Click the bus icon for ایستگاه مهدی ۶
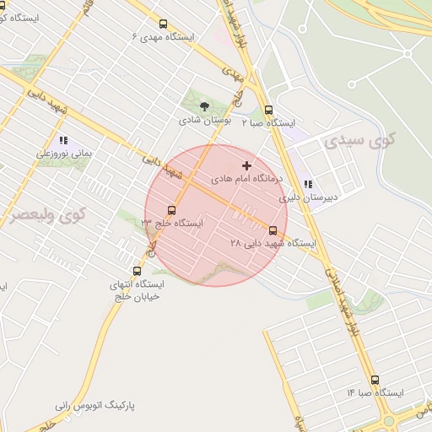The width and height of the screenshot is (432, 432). [x=164, y=24]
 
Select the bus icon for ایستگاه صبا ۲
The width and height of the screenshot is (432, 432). [x=268, y=110]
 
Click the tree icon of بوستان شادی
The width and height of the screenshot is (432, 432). [x=204, y=106]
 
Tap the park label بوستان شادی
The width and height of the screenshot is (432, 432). [x=204, y=121]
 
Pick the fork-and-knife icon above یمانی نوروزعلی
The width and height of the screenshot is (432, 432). [x=62, y=141]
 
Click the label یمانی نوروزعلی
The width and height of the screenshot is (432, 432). [x=63, y=154]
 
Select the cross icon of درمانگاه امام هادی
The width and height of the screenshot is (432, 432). [x=246, y=165]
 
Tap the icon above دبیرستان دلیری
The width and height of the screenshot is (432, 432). [x=308, y=185]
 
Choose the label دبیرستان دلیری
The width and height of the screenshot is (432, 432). [x=308, y=199]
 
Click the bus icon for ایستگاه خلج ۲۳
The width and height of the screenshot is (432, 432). [x=172, y=210]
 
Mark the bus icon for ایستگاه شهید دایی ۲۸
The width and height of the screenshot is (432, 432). [x=273, y=229]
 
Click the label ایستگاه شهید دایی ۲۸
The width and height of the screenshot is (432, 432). [x=273, y=243]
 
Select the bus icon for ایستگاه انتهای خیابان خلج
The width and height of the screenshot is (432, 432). [x=138, y=271]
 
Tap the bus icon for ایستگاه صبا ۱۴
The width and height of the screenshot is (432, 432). [x=375, y=380]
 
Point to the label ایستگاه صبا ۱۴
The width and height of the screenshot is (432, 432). [x=375, y=393]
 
